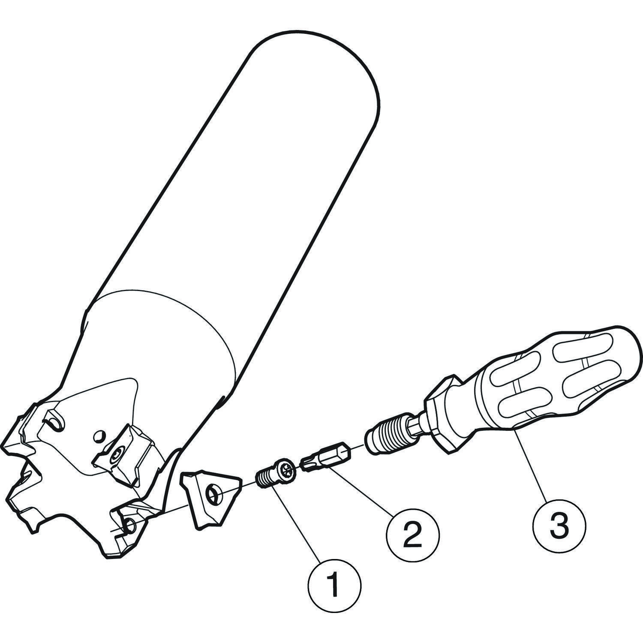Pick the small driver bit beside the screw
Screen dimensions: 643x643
324,459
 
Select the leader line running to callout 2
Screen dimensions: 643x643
359,491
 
